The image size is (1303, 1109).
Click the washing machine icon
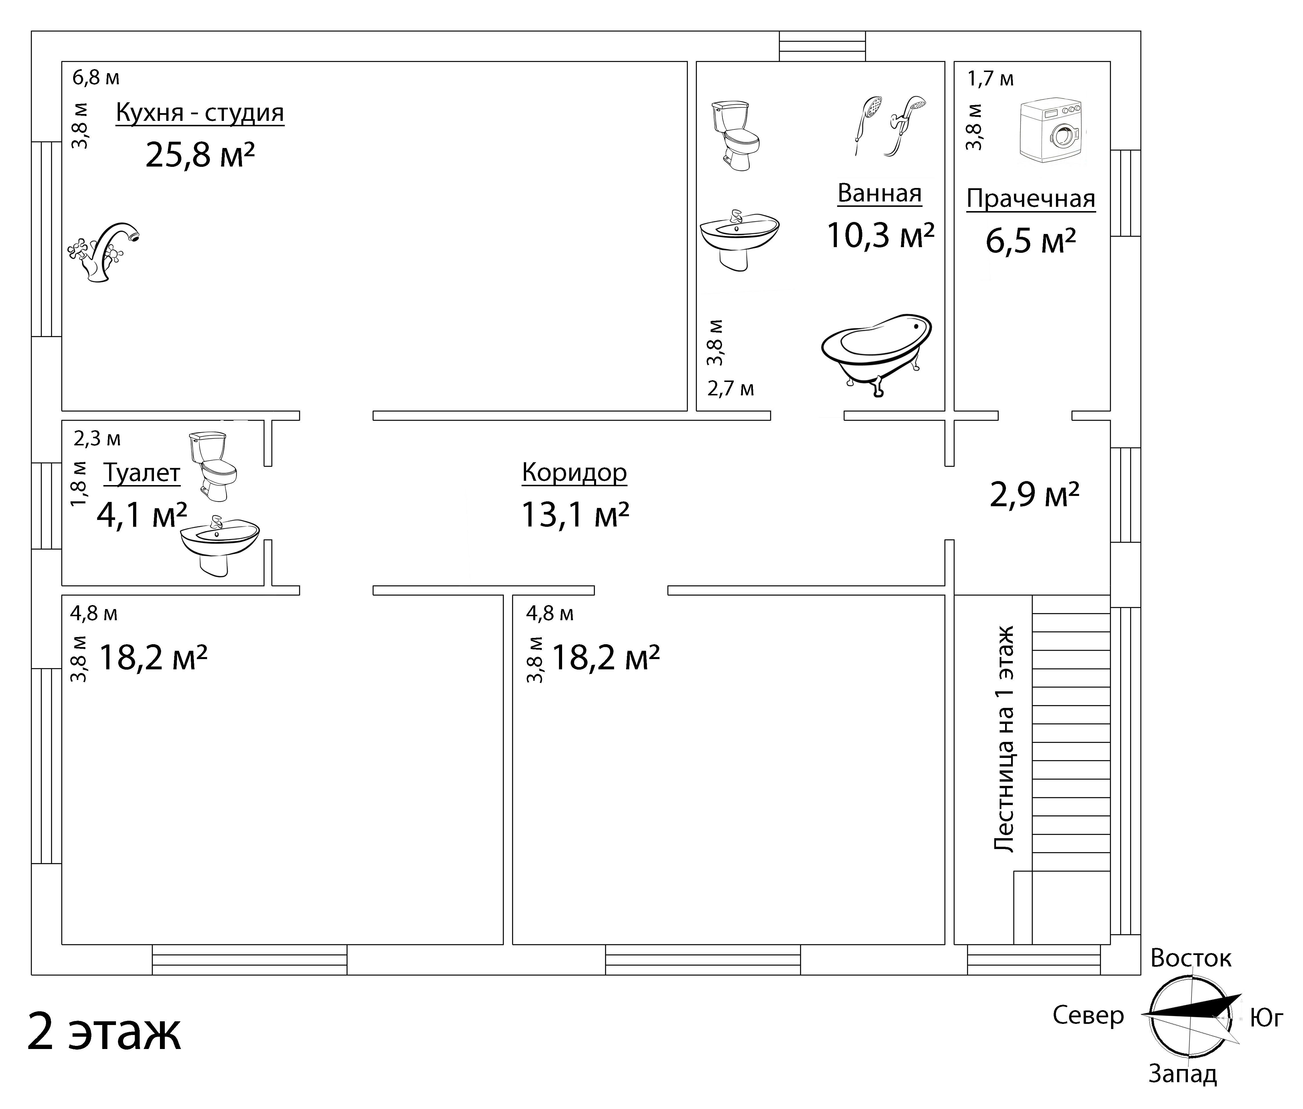1052,131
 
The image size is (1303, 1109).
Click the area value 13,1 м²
575,514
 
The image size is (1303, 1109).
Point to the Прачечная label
1031,199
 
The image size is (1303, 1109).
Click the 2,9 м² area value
1035,495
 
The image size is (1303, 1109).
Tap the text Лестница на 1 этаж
1004,739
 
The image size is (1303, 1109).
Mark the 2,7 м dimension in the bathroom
730,389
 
